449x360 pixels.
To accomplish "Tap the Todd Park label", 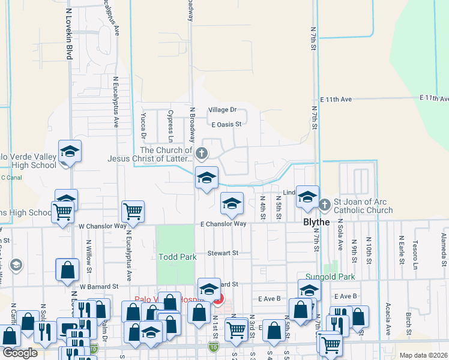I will coord(178,257).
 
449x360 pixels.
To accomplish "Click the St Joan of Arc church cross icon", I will coord(325,205).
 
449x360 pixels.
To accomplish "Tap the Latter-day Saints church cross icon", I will coord(202,154).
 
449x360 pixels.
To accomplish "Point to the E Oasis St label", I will coord(226,124).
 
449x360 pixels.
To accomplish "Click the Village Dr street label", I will coord(223,110).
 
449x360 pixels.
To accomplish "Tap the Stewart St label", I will coord(223,253).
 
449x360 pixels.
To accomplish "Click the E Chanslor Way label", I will coord(223,224).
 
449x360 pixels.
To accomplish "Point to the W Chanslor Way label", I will coord(103,226).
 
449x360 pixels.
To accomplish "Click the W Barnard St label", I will coord(102,287).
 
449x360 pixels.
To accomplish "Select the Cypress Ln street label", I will coord(170,122).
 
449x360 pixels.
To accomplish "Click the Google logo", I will coord(19,353).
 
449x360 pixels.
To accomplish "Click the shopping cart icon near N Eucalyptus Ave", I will coord(133,211).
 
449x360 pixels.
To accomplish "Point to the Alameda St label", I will coord(443,251).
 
